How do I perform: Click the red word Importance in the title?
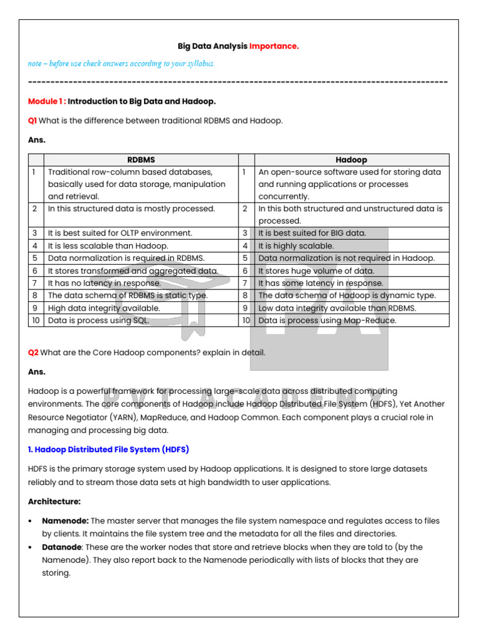274,46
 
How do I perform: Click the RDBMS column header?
140,160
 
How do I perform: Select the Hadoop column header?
351,160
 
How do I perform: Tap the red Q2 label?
33,353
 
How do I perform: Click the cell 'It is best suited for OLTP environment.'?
120,234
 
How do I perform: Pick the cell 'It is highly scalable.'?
296,246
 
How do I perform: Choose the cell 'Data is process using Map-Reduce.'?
327,320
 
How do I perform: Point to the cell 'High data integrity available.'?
104,308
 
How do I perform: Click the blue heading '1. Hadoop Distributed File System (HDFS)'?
109,449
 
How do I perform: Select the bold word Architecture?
54,501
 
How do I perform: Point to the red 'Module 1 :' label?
47,101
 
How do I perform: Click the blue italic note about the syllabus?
121,63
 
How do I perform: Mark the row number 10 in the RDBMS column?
35,320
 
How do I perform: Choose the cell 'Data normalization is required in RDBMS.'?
126,258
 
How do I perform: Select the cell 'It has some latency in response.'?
320,283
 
